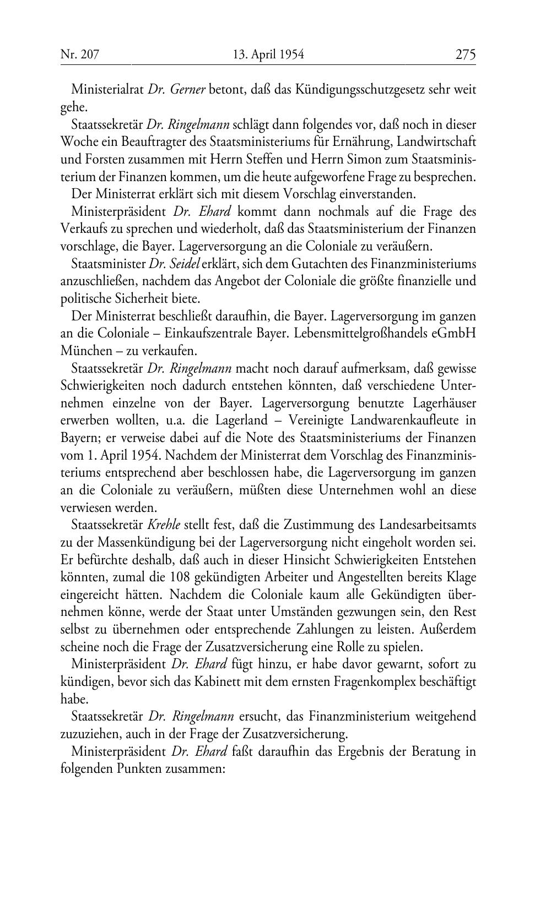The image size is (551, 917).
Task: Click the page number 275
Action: tap(465, 54)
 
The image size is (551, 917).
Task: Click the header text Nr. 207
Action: tap(79, 54)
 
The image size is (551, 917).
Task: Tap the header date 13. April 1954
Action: tap(268, 54)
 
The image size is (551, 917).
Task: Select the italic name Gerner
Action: tap(186, 89)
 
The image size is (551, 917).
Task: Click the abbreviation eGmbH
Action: tap(455, 334)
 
